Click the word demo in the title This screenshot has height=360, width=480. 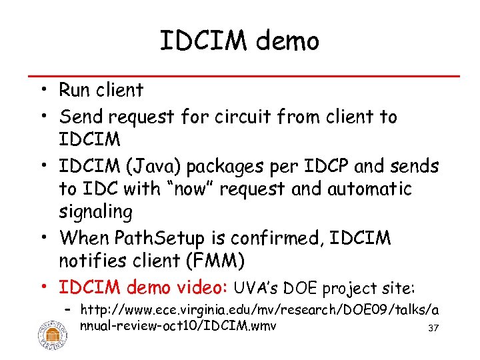(288, 41)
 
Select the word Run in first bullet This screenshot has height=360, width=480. (75, 89)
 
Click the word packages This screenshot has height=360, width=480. (244, 165)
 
